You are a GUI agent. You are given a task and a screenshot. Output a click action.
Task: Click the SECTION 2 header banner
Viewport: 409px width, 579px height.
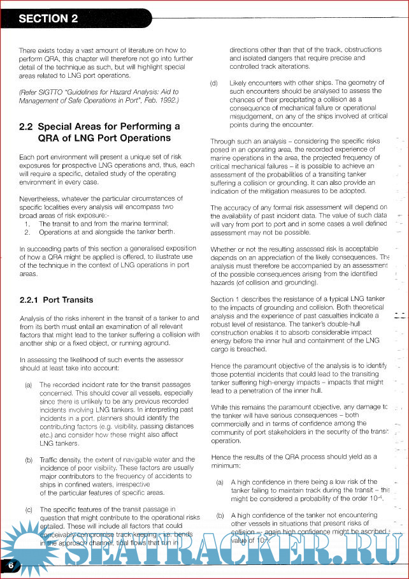[50, 18]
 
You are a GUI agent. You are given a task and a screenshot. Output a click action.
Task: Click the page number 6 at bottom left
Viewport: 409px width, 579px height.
[11, 565]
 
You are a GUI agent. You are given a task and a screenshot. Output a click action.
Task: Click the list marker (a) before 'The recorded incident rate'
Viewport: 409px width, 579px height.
[29, 385]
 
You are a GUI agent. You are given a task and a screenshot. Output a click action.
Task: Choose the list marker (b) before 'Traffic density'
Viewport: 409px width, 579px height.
[29, 459]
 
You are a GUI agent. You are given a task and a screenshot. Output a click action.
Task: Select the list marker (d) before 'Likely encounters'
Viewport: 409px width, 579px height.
[214, 83]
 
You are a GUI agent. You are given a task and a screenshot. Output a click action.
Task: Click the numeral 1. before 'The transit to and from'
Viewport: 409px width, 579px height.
[27, 224]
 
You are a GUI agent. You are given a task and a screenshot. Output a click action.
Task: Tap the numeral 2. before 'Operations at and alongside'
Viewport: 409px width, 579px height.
[27, 232]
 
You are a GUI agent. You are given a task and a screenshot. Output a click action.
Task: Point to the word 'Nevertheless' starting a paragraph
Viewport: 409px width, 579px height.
[41, 199]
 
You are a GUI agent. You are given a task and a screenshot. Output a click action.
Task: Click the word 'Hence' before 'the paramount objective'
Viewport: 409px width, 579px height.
[220, 365]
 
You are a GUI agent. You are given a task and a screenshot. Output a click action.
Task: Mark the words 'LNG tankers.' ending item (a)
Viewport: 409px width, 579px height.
[55, 443]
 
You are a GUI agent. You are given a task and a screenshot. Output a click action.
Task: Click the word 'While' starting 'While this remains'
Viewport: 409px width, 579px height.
[220, 406]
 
